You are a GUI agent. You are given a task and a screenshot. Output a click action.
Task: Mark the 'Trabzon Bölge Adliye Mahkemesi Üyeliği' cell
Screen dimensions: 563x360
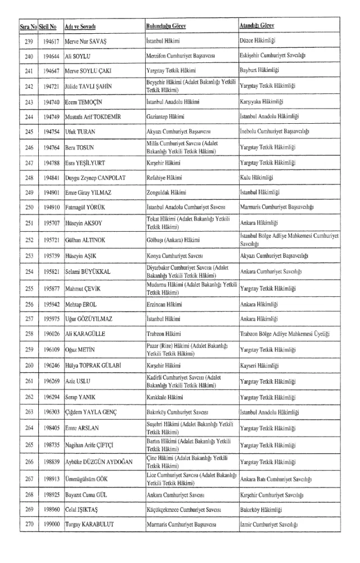click(285, 334)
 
